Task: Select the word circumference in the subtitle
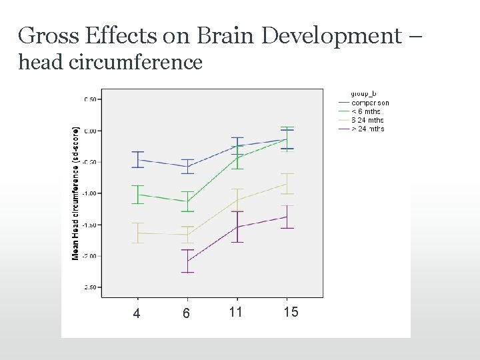coord(142,63)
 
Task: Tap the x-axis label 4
coord(137,313)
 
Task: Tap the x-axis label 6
coord(187,313)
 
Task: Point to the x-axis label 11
coord(235,312)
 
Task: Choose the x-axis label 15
coord(291,312)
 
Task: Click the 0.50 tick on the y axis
coord(90,99)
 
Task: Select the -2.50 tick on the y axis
coord(89,287)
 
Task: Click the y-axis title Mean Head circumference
coord(76,193)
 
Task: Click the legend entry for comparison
coord(370,103)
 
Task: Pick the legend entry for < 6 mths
coord(366,111)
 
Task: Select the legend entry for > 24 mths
coord(367,129)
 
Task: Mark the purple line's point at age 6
coord(187,261)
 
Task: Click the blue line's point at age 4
coord(138,160)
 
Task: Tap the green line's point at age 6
coord(187,201)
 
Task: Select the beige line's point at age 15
coord(287,183)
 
